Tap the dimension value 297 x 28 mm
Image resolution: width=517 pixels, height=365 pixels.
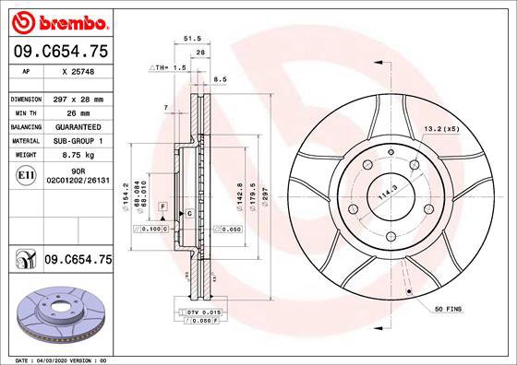click(78, 98)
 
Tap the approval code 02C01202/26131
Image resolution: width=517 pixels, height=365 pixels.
click(78, 182)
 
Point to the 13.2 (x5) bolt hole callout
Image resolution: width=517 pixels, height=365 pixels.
click(440, 129)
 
